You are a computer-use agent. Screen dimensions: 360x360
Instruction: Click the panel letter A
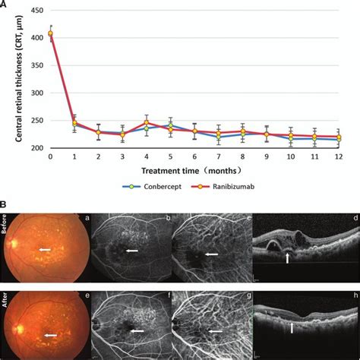tap(5, 5)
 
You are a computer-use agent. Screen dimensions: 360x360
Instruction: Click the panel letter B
tap(5, 204)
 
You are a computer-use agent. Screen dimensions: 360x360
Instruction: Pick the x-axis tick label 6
tap(194, 156)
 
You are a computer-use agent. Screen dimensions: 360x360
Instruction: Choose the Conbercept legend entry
tap(153, 185)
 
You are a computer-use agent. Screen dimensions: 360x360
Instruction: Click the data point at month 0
tap(50, 33)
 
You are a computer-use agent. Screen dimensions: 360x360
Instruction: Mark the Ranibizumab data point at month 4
tap(147, 122)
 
